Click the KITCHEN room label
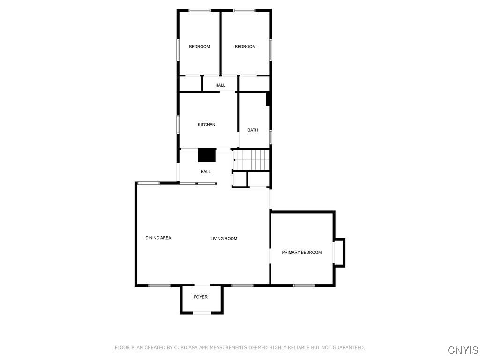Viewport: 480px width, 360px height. [x=206, y=125]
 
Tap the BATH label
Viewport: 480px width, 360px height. [x=253, y=130]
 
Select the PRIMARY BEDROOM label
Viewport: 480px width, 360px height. [x=301, y=252]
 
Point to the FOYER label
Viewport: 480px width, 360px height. [x=201, y=297]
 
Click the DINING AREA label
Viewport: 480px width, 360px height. [x=158, y=238]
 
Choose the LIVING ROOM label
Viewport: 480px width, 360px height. [x=224, y=239]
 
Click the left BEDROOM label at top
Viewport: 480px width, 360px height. [x=199, y=46]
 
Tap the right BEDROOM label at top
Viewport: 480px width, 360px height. [x=245, y=46]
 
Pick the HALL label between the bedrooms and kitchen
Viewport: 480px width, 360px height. [x=220, y=85]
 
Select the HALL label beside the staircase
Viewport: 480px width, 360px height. [x=205, y=172]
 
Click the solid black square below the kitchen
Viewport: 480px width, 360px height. [x=207, y=155]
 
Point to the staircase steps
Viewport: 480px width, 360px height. [x=251, y=159]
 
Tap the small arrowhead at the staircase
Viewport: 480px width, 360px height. [x=234, y=160]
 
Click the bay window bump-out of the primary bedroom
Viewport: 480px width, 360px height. [x=339, y=253]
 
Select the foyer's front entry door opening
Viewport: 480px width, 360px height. [x=202, y=313]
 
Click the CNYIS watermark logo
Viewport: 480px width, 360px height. [x=463, y=350]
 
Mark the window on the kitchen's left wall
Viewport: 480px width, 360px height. [x=178, y=125]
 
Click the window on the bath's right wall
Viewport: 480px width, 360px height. [x=270, y=137]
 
